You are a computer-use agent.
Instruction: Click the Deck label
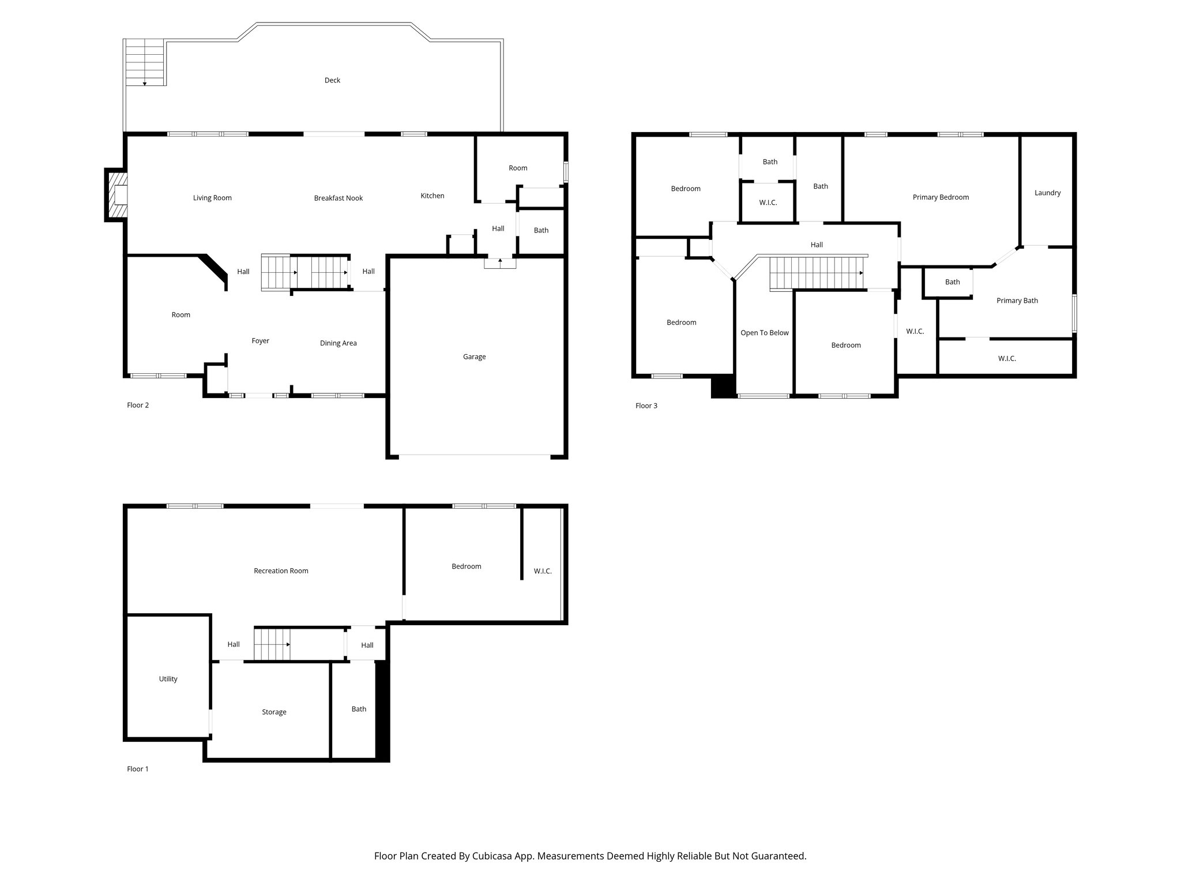coord(332,80)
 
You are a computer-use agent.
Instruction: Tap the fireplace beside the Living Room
coord(116,195)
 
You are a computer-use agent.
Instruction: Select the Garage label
coord(474,357)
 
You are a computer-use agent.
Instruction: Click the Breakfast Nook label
coord(338,198)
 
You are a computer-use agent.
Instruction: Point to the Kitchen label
coord(432,196)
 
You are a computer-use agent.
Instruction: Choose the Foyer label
coord(261,341)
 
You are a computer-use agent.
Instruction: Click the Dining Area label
coord(338,343)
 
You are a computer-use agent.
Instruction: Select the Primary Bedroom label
coord(941,197)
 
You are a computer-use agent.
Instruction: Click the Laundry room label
coord(1047,193)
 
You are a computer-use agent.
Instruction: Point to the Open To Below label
coord(765,333)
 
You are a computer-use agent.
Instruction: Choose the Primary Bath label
coord(1017,301)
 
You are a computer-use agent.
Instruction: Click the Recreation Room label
coord(281,571)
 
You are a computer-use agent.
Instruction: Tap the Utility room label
coord(168,679)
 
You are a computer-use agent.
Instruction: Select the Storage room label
coord(274,712)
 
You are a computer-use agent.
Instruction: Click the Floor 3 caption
coord(646,406)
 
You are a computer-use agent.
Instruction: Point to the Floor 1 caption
coord(138,769)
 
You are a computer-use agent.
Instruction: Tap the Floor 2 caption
coord(138,405)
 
